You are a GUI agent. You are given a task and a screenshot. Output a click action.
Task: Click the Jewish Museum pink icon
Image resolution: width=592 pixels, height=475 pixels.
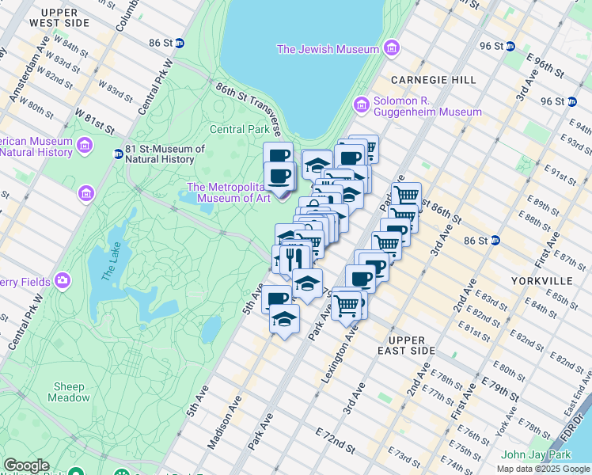391,50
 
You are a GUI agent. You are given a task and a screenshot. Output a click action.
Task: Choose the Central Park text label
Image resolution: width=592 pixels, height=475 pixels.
240,129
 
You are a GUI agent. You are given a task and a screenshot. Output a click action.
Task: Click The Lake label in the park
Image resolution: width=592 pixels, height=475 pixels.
108,268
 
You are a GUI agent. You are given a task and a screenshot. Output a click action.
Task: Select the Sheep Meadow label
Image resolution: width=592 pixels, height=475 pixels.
69,392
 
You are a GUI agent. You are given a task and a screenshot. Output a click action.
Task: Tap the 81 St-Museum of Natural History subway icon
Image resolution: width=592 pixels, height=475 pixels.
118,154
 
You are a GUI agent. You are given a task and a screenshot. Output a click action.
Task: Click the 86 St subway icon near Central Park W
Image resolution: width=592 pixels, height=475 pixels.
180,44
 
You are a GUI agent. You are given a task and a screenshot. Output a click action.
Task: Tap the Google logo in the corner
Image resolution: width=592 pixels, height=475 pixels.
27,465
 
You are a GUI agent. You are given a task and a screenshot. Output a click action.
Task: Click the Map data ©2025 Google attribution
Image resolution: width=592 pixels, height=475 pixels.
542,469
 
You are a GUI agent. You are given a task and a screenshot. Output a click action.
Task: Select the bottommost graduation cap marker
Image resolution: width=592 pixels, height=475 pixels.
284,319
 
